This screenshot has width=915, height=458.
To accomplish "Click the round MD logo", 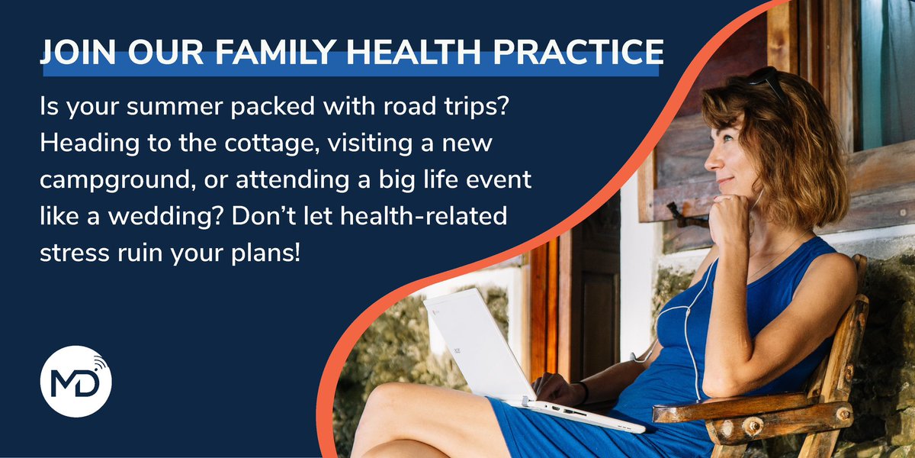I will (x=75, y=381).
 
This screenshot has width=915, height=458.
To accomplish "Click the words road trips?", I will (x=442, y=110).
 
